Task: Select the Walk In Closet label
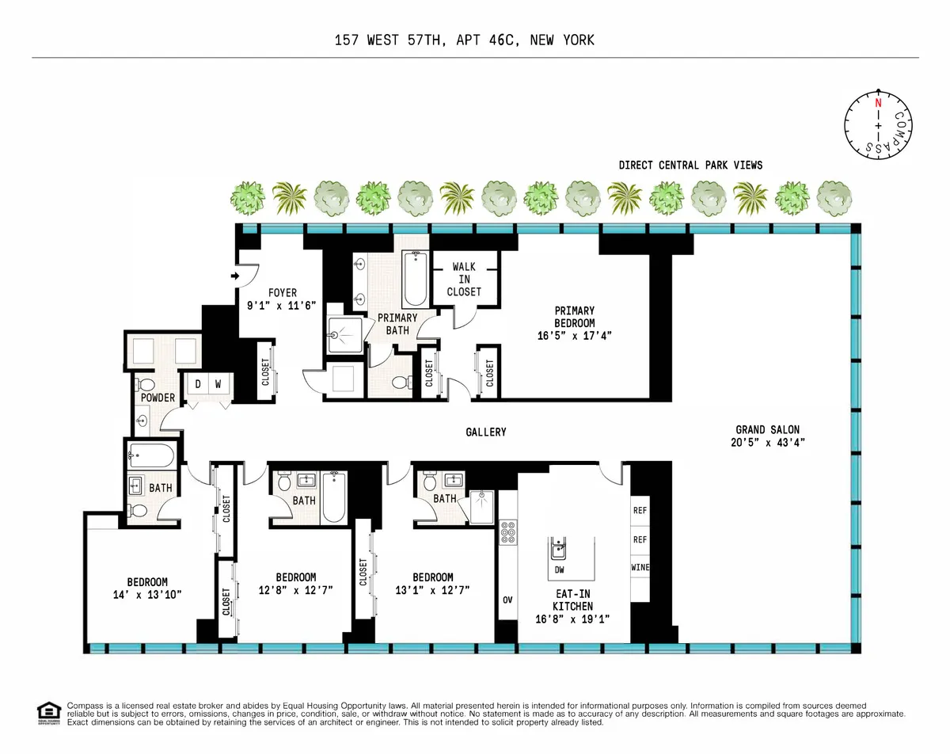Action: (x=464, y=279)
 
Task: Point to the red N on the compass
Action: (x=877, y=104)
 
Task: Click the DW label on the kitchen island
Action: (x=559, y=569)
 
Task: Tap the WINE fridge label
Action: (x=640, y=568)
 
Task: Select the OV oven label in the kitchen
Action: (x=507, y=600)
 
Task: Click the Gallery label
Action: (x=485, y=432)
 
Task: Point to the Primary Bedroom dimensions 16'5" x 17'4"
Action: (x=574, y=335)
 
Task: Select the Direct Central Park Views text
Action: (x=690, y=165)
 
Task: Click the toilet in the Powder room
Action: (x=146, y=386)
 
